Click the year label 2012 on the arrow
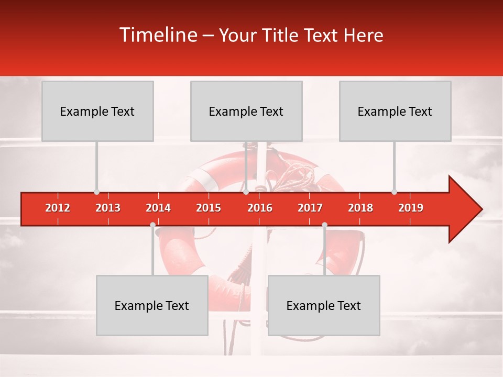click(x=58, y=208)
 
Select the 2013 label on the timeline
click(x=108, y=208)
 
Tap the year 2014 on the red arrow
click(x=158, y=208)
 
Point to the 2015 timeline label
click(x=209, y=208)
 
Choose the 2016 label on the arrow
click(x=260, y=208)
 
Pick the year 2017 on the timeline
click(x=310, y=208)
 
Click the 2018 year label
click(x=360, y=208)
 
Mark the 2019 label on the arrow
click(x=411, y=208)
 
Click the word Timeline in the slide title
click(x=157, y=35)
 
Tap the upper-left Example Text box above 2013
click(x=97, y=111)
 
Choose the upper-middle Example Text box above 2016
click(x=246, y=111)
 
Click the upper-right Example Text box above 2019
click(x=395, y=111)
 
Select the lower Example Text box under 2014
click(x=152, y=305)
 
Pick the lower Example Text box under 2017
click(x=324, y=305)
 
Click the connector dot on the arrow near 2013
click(x=96, y=192)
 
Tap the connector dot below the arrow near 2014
click(x=152, y=225)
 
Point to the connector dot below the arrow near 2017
click(x=324, y=225)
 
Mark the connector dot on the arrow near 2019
click(x=394, y=192)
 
